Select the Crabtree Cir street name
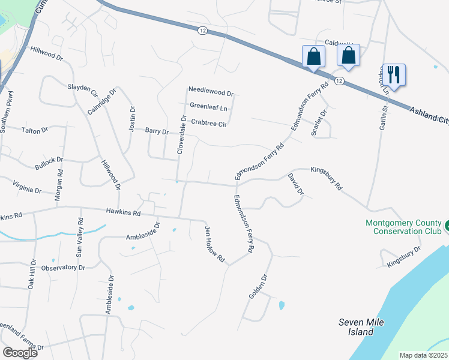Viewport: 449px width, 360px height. pos(208,124)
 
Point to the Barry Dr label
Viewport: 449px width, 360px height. pos(157,130)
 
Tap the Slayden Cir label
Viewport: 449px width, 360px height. pos(82,89)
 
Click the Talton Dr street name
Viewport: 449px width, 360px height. pos(34,130)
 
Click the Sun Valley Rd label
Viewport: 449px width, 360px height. pos(79,238)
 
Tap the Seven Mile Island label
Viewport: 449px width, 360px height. pos(361,326)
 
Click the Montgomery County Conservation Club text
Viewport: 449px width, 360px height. pos(403,227)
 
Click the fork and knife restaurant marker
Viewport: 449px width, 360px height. pos(394,74)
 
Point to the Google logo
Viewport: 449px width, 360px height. pos(20,353)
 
